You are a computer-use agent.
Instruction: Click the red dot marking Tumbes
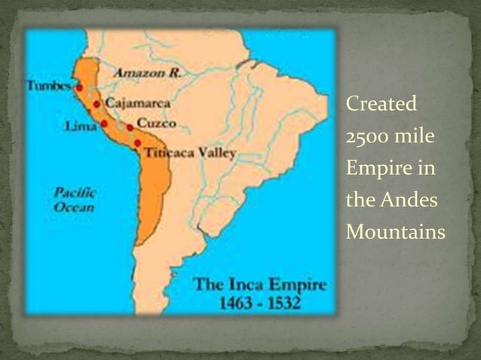click(x=79, y=87)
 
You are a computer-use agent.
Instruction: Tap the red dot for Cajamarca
click(x=97, y=104)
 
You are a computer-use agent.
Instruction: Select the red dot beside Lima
click(x=104, y=123)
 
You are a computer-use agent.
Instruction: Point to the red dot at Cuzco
click(x=130, y=127)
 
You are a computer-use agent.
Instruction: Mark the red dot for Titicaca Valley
click(x=137, y=143)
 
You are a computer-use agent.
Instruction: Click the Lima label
click(x=81, y=126)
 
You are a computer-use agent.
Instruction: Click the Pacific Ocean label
click(x=74, y=200)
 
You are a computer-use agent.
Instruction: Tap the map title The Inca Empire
click(x=260, y=285)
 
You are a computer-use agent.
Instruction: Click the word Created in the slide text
click(x=381, y=104)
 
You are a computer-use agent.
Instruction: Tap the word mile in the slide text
click(x=415, y=137)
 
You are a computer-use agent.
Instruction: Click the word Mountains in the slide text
click(x=395, y=233)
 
